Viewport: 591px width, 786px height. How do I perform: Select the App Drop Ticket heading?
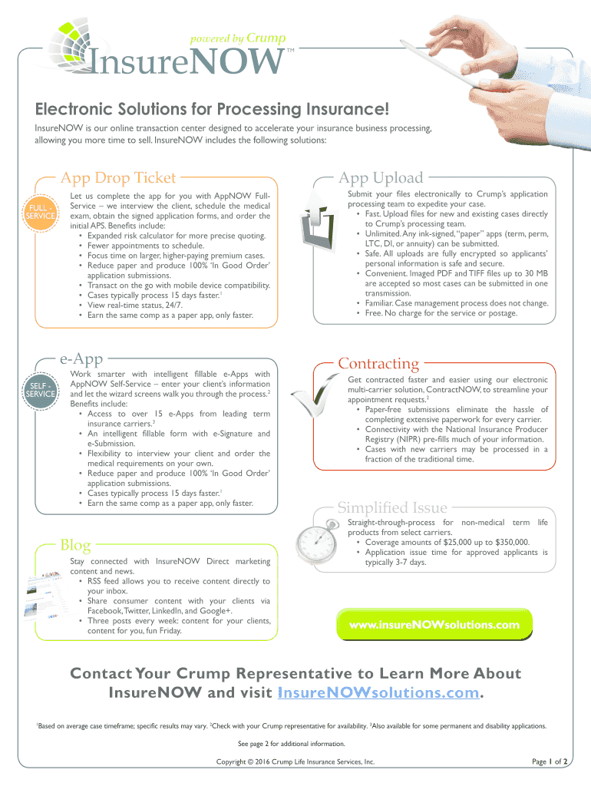(119, 178)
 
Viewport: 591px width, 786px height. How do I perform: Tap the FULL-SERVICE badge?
(40, 211)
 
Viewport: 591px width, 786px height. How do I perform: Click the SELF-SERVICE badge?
(40, 388)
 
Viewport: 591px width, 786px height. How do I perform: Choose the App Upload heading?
(381, 178)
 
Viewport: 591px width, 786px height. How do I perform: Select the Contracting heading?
(378, 362)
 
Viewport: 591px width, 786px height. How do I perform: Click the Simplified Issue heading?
(392, 507)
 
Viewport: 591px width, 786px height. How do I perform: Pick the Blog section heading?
(76, 546)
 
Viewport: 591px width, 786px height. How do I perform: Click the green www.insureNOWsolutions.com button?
(434, 625)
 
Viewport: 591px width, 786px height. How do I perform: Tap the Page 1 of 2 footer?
(549, 762)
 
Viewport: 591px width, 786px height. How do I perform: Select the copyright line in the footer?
(295, 762)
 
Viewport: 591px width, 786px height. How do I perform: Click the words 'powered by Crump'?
(228, 38)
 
